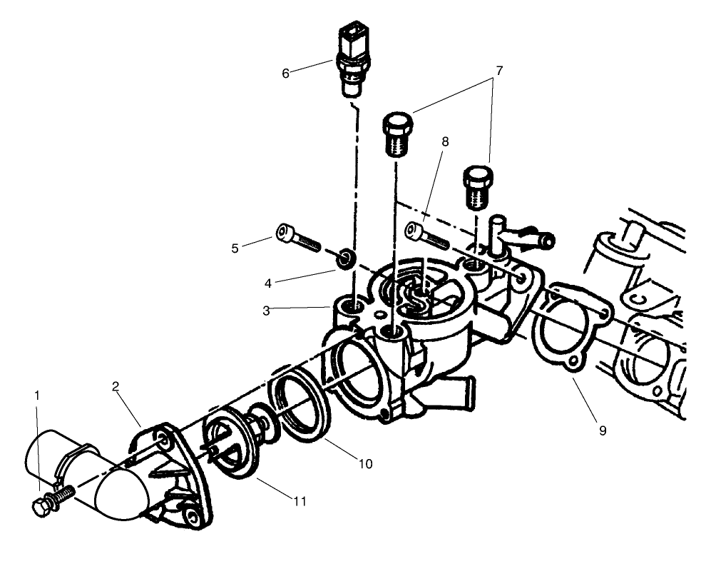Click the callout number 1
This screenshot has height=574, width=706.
[x=37, y=394]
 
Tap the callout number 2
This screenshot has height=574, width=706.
[x=115, y=386]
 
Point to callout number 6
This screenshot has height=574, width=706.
[x=286, y=73]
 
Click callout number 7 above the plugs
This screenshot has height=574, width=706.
[x=498, y=71]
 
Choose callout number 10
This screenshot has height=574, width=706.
[x=364, y=463]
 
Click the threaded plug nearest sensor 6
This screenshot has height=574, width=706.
[x=397, y=134]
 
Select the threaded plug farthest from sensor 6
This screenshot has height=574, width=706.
[x=477, y=184]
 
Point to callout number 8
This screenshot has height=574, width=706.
[x=445, y=142]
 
